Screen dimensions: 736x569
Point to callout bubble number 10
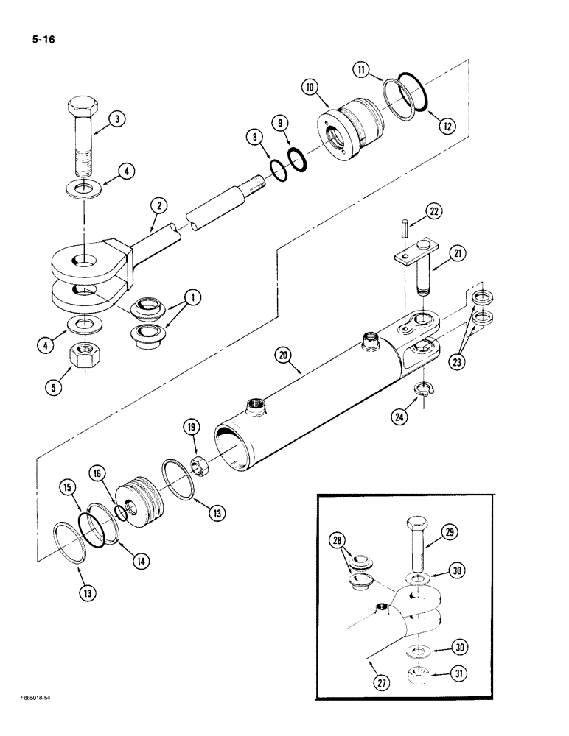click(x=310, y=87)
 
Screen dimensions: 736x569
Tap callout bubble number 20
click(x=284, y=356)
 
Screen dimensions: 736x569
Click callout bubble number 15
click(x=68, y=487)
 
